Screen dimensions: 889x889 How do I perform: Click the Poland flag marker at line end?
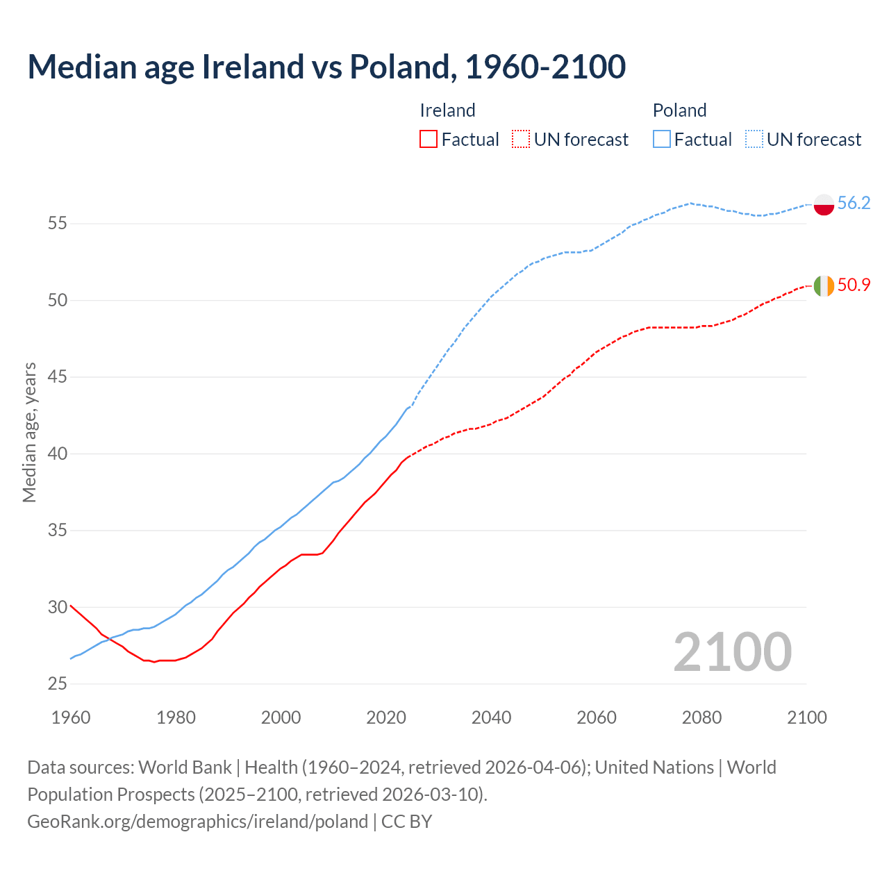click(x=824, y=204)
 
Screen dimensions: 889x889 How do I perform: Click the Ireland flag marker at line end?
click(x=824, y=285)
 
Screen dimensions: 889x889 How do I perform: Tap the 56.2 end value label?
click(x=854, y=203)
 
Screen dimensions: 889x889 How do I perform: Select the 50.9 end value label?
click(x=854, y=285)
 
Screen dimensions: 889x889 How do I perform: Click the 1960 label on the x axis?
click(x=71, y=717)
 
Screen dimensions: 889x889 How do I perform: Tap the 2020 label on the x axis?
click(x=386, y=717)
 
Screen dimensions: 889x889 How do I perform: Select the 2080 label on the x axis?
click(x=701, y=717)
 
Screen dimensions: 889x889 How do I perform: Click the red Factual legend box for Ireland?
click(x=429, y=140)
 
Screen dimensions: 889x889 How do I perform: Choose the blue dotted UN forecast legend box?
click(x=754, y=140)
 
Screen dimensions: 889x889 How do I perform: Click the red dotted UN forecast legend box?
click(x=521, y=140)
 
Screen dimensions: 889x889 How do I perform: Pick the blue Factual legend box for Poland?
click(x=662, y=140)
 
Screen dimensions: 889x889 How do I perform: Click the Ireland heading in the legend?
click(x=447, y=110)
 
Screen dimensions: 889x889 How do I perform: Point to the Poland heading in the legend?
click(x=679, y=110)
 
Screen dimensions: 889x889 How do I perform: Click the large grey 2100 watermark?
click(x=732, y=651)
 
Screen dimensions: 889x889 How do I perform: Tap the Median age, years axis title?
click(x=29, y=432)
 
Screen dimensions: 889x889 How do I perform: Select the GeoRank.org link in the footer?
click(x=197, y=821)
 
